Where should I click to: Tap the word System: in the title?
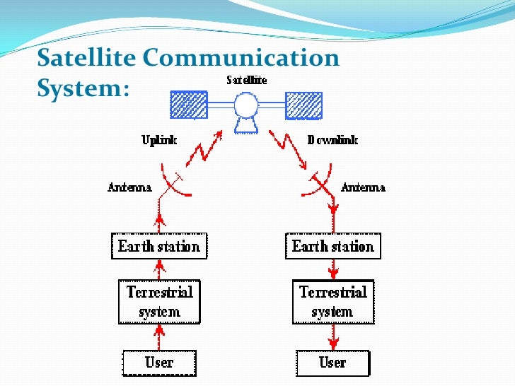click(x=83, y=88)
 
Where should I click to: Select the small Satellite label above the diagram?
click(x=246, y=81)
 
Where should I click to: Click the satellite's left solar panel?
click(x=189, y=105)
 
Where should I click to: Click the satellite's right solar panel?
click(x=303, y=105)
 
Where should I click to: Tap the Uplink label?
click(x=158, y=140)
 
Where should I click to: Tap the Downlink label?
click(x=332, y=140)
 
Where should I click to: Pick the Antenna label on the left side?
click(x=129, y=187)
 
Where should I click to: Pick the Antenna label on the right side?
click(x=363, y=187)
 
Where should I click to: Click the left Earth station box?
click(x=158, y=247)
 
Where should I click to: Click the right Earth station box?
click(x=332, y=247)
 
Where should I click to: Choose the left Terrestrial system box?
click(x=158, y=301)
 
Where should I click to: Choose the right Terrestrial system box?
click(x=332, y=301)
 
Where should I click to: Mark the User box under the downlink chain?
click(x=332, y=363)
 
